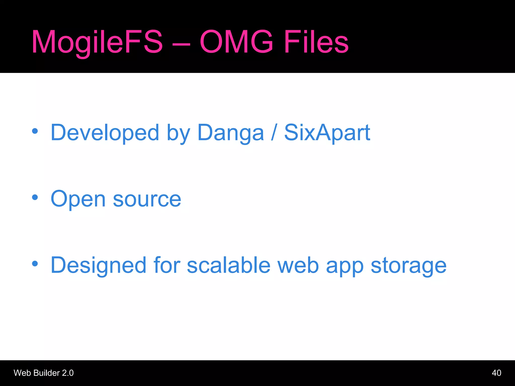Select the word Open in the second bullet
pyautogui.click(x=78, y=199)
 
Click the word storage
pyautogui.click(x=408, y=266)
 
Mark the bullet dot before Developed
pyautogui.click(x=35, y=131)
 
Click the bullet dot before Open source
pyautogui.click(x=35, y=197)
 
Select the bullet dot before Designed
pyautogui.click(x=35, y=264)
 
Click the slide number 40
pyautogui.click(x=496, y=373)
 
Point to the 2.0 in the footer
pyautogui.click(x=68, y=373)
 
